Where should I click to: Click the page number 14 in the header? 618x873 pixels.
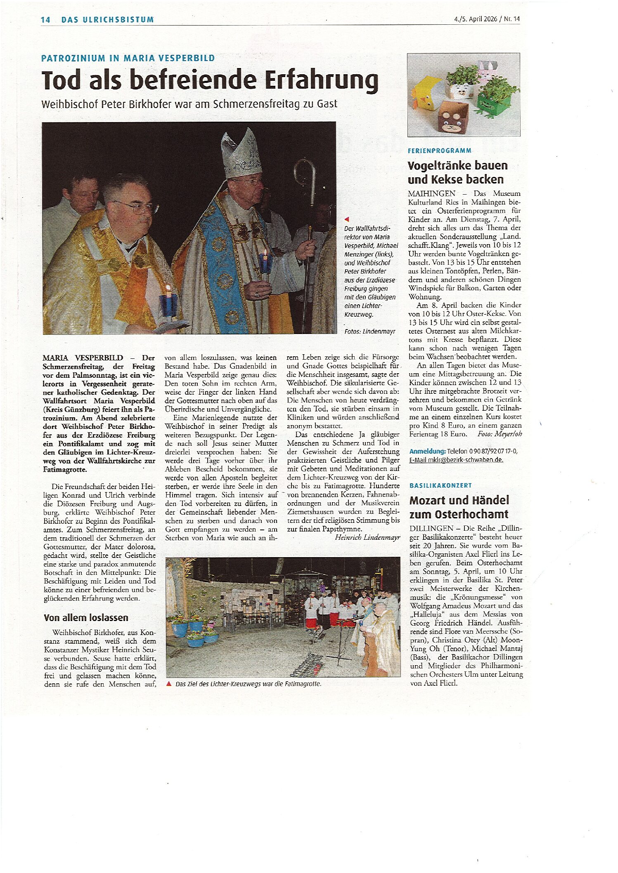(x=45, y=20)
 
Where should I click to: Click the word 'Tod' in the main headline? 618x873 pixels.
(x=61, y=80)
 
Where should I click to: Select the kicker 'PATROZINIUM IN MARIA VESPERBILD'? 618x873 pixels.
(x=128, y=58)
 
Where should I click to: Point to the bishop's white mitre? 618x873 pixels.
(x=241, y=153)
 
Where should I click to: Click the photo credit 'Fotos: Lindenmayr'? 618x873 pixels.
(x=369, y=331)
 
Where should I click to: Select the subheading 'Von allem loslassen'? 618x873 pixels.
(x=86, y=617)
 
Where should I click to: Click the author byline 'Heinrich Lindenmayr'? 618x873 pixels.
(x=367, y=537)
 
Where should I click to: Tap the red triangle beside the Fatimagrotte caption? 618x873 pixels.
(x=169, y=684)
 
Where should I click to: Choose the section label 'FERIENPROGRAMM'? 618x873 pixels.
(x=439, y=151)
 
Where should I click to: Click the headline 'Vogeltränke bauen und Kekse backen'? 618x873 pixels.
(x=457, y=172)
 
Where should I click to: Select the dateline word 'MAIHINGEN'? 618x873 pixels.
(x=431, y=193)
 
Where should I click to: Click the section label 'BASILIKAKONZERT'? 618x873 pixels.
(x=440, y=486)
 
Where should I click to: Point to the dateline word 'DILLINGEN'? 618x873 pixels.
(x=431, y=528)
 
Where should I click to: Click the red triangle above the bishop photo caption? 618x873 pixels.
(x=347, y=219)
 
